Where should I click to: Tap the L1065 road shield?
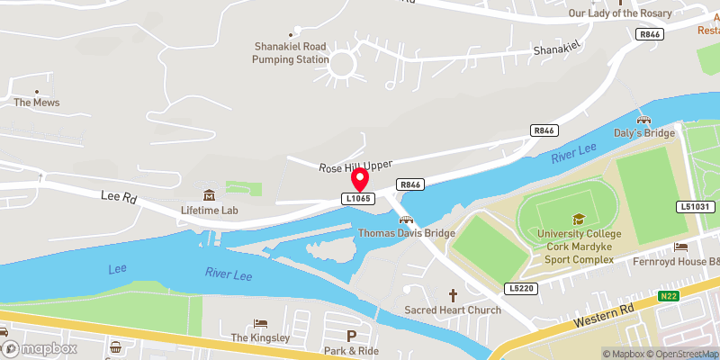click(x=358, y=198)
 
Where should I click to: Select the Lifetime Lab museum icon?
click(x=209, y=195)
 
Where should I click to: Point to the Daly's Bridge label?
click(x=643, y=133)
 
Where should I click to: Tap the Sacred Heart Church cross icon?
click(x=453, y=295)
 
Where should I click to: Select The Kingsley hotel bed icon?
click(x=260, y=323)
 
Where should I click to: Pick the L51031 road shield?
click(x=695, y=207)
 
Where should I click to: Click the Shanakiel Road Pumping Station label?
click(x=290, y=52)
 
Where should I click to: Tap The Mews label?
click(x=36, y=102)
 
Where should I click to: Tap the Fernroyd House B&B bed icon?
click(x=681, y=247)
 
